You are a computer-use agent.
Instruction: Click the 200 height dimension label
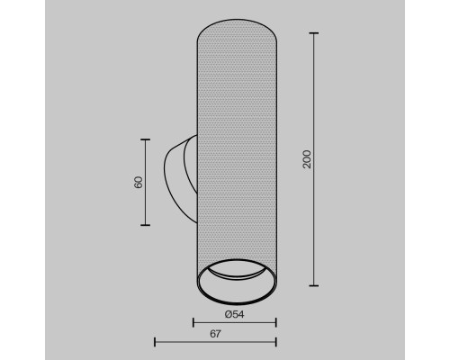coord(307,159)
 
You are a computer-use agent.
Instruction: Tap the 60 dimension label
coord(139,183)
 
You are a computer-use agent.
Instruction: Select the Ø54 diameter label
coord(234,314)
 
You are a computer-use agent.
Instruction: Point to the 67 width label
coord(215,334)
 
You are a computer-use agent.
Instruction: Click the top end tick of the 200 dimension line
coord(314,33)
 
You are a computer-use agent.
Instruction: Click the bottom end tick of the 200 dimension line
coord(314,285)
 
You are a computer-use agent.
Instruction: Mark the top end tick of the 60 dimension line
coord(146,139)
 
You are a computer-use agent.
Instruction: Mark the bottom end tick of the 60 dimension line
coord(146,225)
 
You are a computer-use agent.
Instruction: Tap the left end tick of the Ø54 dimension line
coord(193,323)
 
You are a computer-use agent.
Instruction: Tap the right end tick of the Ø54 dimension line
coord(275,323)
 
